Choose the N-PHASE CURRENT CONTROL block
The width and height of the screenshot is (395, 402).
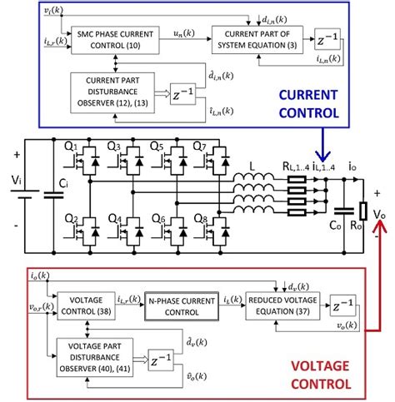181,305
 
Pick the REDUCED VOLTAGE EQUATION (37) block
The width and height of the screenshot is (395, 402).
277,305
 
